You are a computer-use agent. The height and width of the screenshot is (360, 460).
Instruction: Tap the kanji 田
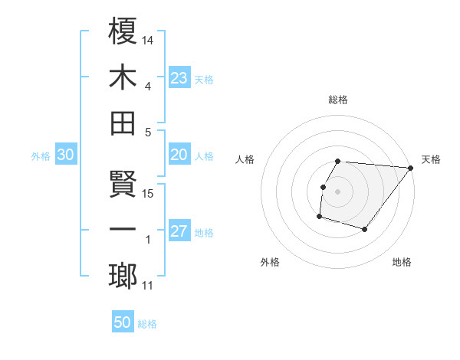123,123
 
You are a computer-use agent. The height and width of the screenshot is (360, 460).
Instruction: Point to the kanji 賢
123,184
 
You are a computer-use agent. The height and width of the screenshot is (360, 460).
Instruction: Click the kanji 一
123,230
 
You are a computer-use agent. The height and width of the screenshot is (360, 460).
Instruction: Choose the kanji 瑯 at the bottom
123,276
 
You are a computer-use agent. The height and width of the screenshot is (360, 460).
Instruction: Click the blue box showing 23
179,77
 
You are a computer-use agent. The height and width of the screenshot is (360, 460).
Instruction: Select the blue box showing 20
179,155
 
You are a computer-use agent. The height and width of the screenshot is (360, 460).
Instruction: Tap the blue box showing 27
179,231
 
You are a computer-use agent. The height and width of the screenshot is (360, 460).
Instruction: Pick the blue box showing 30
65,155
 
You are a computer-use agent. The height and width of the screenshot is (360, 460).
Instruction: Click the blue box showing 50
123,322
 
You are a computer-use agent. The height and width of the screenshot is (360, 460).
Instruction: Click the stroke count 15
149,193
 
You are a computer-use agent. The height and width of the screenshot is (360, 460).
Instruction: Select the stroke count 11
148,286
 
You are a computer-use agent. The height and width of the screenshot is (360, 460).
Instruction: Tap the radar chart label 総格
338,100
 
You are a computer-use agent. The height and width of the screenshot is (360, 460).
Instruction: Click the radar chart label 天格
431,160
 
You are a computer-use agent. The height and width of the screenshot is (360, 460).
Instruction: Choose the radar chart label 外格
270,263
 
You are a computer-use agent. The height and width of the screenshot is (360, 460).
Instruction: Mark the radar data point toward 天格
410,169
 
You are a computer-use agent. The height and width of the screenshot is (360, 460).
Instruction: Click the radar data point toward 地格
365,229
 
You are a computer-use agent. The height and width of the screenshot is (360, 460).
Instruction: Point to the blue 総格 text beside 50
147,324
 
